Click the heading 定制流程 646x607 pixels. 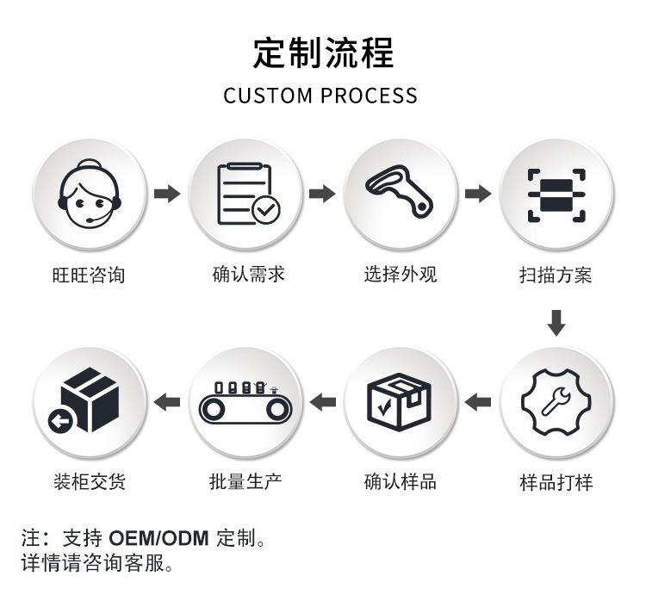(x=323, y=53)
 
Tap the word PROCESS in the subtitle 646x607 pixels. (x=369, y=96)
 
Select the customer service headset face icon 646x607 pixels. (x=90, y=194)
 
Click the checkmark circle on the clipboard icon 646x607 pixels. (x=266, y=210)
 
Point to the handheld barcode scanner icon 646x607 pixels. (x=399, y=190)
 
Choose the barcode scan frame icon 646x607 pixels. (x=556, y=195)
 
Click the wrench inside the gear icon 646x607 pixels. (x=556, y=401)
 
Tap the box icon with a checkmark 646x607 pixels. (x=399, y=402)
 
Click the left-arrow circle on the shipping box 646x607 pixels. (x=60, y=421)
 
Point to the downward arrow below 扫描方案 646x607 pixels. (x=556, y=323)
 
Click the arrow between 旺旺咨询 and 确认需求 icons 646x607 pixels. (x=167, y=194)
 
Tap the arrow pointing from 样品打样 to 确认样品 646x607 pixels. (x=478, y=402)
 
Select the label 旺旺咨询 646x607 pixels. (x=89, y=275)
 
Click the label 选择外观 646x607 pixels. (x=401, y=275)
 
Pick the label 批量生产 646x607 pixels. (x=245, y=481)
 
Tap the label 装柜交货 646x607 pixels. (x=90, y=481)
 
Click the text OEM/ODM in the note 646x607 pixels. (x=158, y=539)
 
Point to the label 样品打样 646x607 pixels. (x=556, y=482)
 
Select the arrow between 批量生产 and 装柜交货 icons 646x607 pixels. (x=167, y=402)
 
